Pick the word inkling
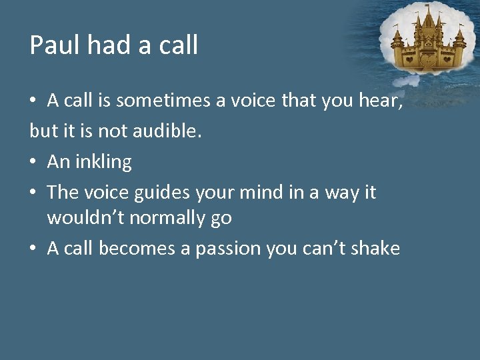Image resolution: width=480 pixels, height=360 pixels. (104, 162)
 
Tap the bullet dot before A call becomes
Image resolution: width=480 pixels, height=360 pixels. (33, 249)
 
